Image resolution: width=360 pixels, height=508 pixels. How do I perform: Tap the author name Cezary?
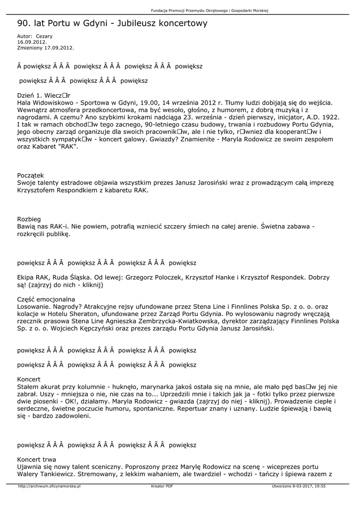coord(44,36)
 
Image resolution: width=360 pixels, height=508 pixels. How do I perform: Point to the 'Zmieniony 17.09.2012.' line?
coord(45,48)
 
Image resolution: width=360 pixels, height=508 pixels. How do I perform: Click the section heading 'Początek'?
coord(31,175)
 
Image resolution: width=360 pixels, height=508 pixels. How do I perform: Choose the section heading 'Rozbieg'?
coord(29,219)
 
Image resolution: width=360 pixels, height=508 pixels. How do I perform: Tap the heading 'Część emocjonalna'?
coord(46,299)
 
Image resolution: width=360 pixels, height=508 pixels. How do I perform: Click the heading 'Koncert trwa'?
coord(37,459)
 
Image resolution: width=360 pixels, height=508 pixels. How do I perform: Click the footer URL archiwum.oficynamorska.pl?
coord(49,487)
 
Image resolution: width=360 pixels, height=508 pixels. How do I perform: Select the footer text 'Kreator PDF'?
coord(162,487)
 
